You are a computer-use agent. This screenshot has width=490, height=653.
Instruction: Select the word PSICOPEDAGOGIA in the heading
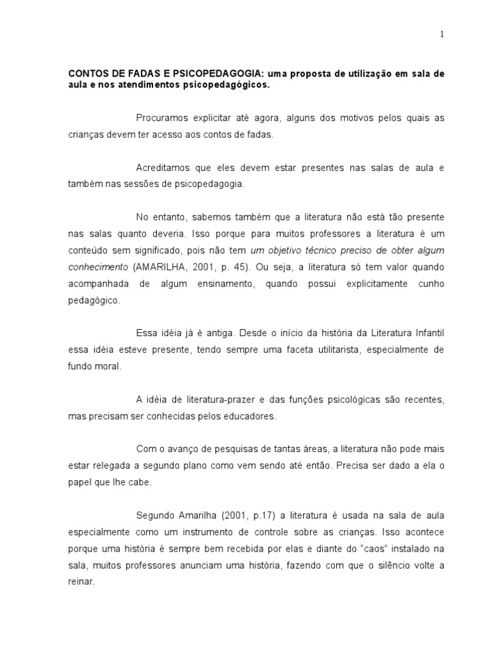click(x=204, y=74)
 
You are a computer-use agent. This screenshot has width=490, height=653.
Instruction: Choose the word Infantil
click(x=426, y=333)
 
